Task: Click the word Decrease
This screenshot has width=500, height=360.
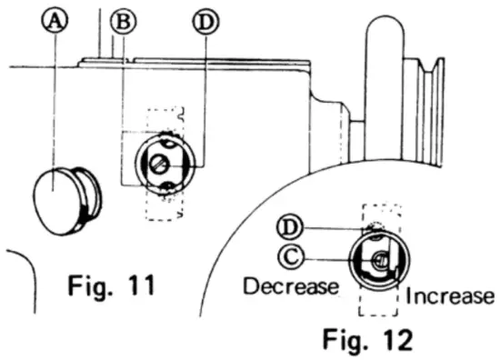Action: pos(291,285)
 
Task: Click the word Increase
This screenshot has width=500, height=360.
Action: pos(450,296)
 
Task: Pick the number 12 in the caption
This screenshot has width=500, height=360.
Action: pos(395,340)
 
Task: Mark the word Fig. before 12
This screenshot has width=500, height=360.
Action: pos(350,340)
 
